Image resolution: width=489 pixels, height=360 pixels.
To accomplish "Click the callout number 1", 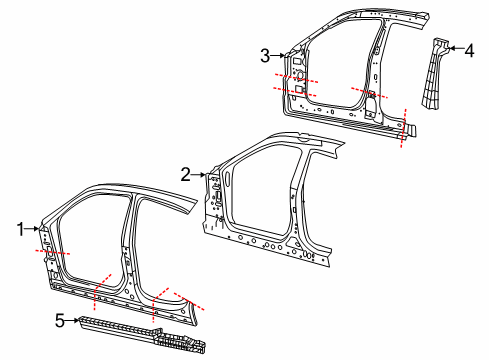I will coord(19,229).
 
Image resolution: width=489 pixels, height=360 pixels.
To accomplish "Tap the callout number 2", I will coord(186,174).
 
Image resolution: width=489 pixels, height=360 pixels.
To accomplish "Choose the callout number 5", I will coord(59,320).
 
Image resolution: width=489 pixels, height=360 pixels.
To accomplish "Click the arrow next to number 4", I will coord(456,47).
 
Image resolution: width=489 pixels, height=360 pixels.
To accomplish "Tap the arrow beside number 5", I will coord(73,320).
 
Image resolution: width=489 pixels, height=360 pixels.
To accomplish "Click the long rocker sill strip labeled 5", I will coord(140,331).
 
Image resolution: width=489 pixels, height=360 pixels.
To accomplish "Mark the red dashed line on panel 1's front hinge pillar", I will coord(51,254).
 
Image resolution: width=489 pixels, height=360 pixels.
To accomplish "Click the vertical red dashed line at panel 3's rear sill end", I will coord(403,129).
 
